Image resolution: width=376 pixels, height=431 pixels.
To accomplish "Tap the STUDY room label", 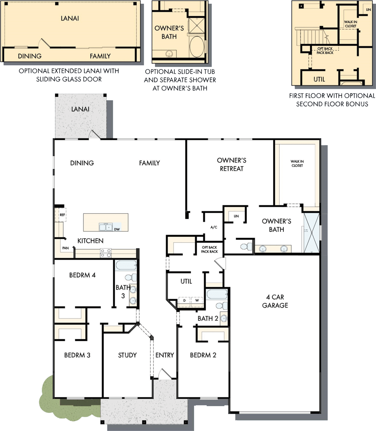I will click(x=127, y=355).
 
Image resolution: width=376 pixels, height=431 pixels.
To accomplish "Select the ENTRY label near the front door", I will click(x=164, y=355).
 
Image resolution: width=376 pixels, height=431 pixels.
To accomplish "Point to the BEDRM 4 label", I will click(x=83, y=275).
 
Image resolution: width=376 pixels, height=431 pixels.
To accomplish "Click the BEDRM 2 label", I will click(x=203, y=355).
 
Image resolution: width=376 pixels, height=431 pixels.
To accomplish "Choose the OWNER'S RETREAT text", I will click(x=231, y=165).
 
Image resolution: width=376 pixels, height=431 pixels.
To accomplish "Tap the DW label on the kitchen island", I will click(x=117, y=229).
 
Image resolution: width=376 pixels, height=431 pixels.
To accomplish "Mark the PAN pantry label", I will click(x=65, y=248).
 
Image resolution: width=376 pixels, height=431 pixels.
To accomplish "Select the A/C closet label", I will click(x=213, y=227).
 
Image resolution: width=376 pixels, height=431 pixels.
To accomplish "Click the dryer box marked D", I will click(x=184, y=301).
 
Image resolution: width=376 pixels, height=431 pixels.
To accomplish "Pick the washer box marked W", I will click(x=196, y=301).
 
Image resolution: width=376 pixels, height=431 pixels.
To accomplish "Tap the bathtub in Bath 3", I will click(x=126, y=265).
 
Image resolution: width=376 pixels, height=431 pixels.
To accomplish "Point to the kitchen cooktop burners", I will click(x=105, y=253).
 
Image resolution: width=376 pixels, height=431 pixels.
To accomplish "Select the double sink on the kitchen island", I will click(x=105, y=227).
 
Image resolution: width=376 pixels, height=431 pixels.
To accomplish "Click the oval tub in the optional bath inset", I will click(x=197, y=46).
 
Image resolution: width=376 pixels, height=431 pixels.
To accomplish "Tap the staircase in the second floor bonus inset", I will click(x=309, y=37).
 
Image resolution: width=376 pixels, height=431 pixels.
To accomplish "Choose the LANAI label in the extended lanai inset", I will click(x=70, y=18).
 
